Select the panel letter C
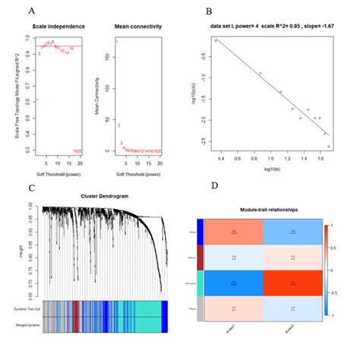tap(30, 188)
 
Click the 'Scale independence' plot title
tap(58, 28)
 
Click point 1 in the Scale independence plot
tap(36, 100)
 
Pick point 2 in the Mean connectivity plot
tap(119, 125)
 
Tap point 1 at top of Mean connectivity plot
tap(116, 41)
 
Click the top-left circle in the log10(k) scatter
tap(216, 39)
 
